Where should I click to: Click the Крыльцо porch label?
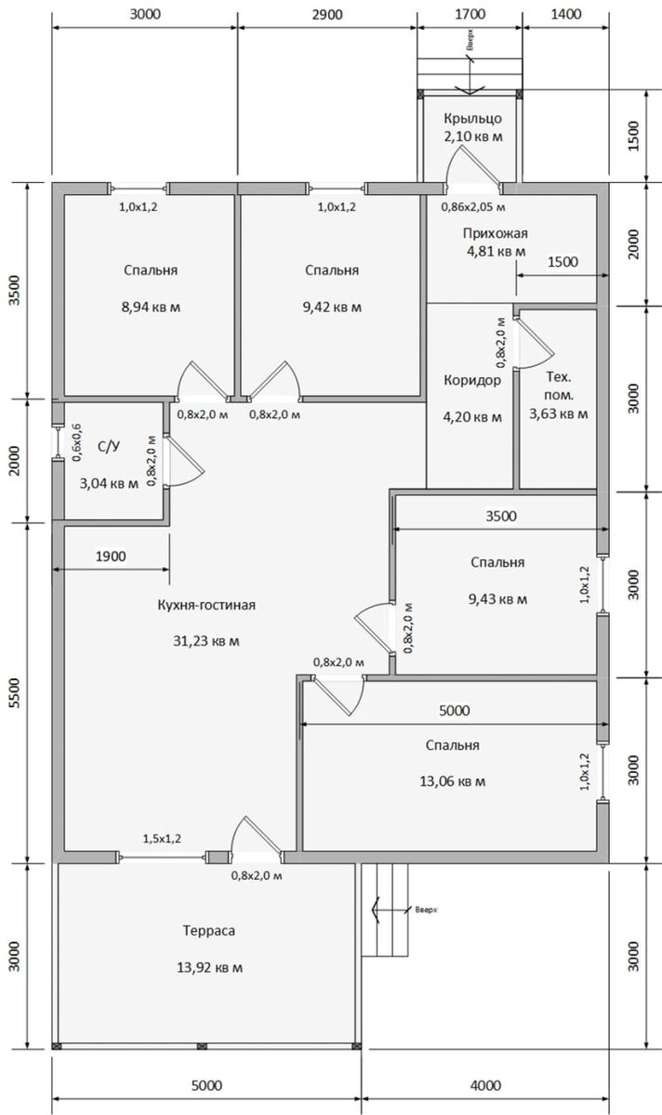(472, 119)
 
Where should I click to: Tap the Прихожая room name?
(496, 233)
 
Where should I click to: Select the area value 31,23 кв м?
(206, 641)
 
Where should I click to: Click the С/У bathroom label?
(109, 447)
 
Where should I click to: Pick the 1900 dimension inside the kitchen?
(111, 556)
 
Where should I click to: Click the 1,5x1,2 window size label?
(162, 839)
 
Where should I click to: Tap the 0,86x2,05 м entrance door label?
(473, 207)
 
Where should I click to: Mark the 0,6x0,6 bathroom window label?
(78, 443)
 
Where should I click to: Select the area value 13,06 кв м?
(452, 781)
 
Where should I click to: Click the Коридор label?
(472, 380)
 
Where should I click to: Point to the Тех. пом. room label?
(559, 386)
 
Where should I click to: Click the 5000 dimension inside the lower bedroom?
(455, 710)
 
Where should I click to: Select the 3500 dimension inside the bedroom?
(501, 516)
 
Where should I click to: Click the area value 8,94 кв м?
(151, 307)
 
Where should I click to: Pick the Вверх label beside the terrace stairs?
(427, 910)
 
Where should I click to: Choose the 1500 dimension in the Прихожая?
(563, 261)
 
